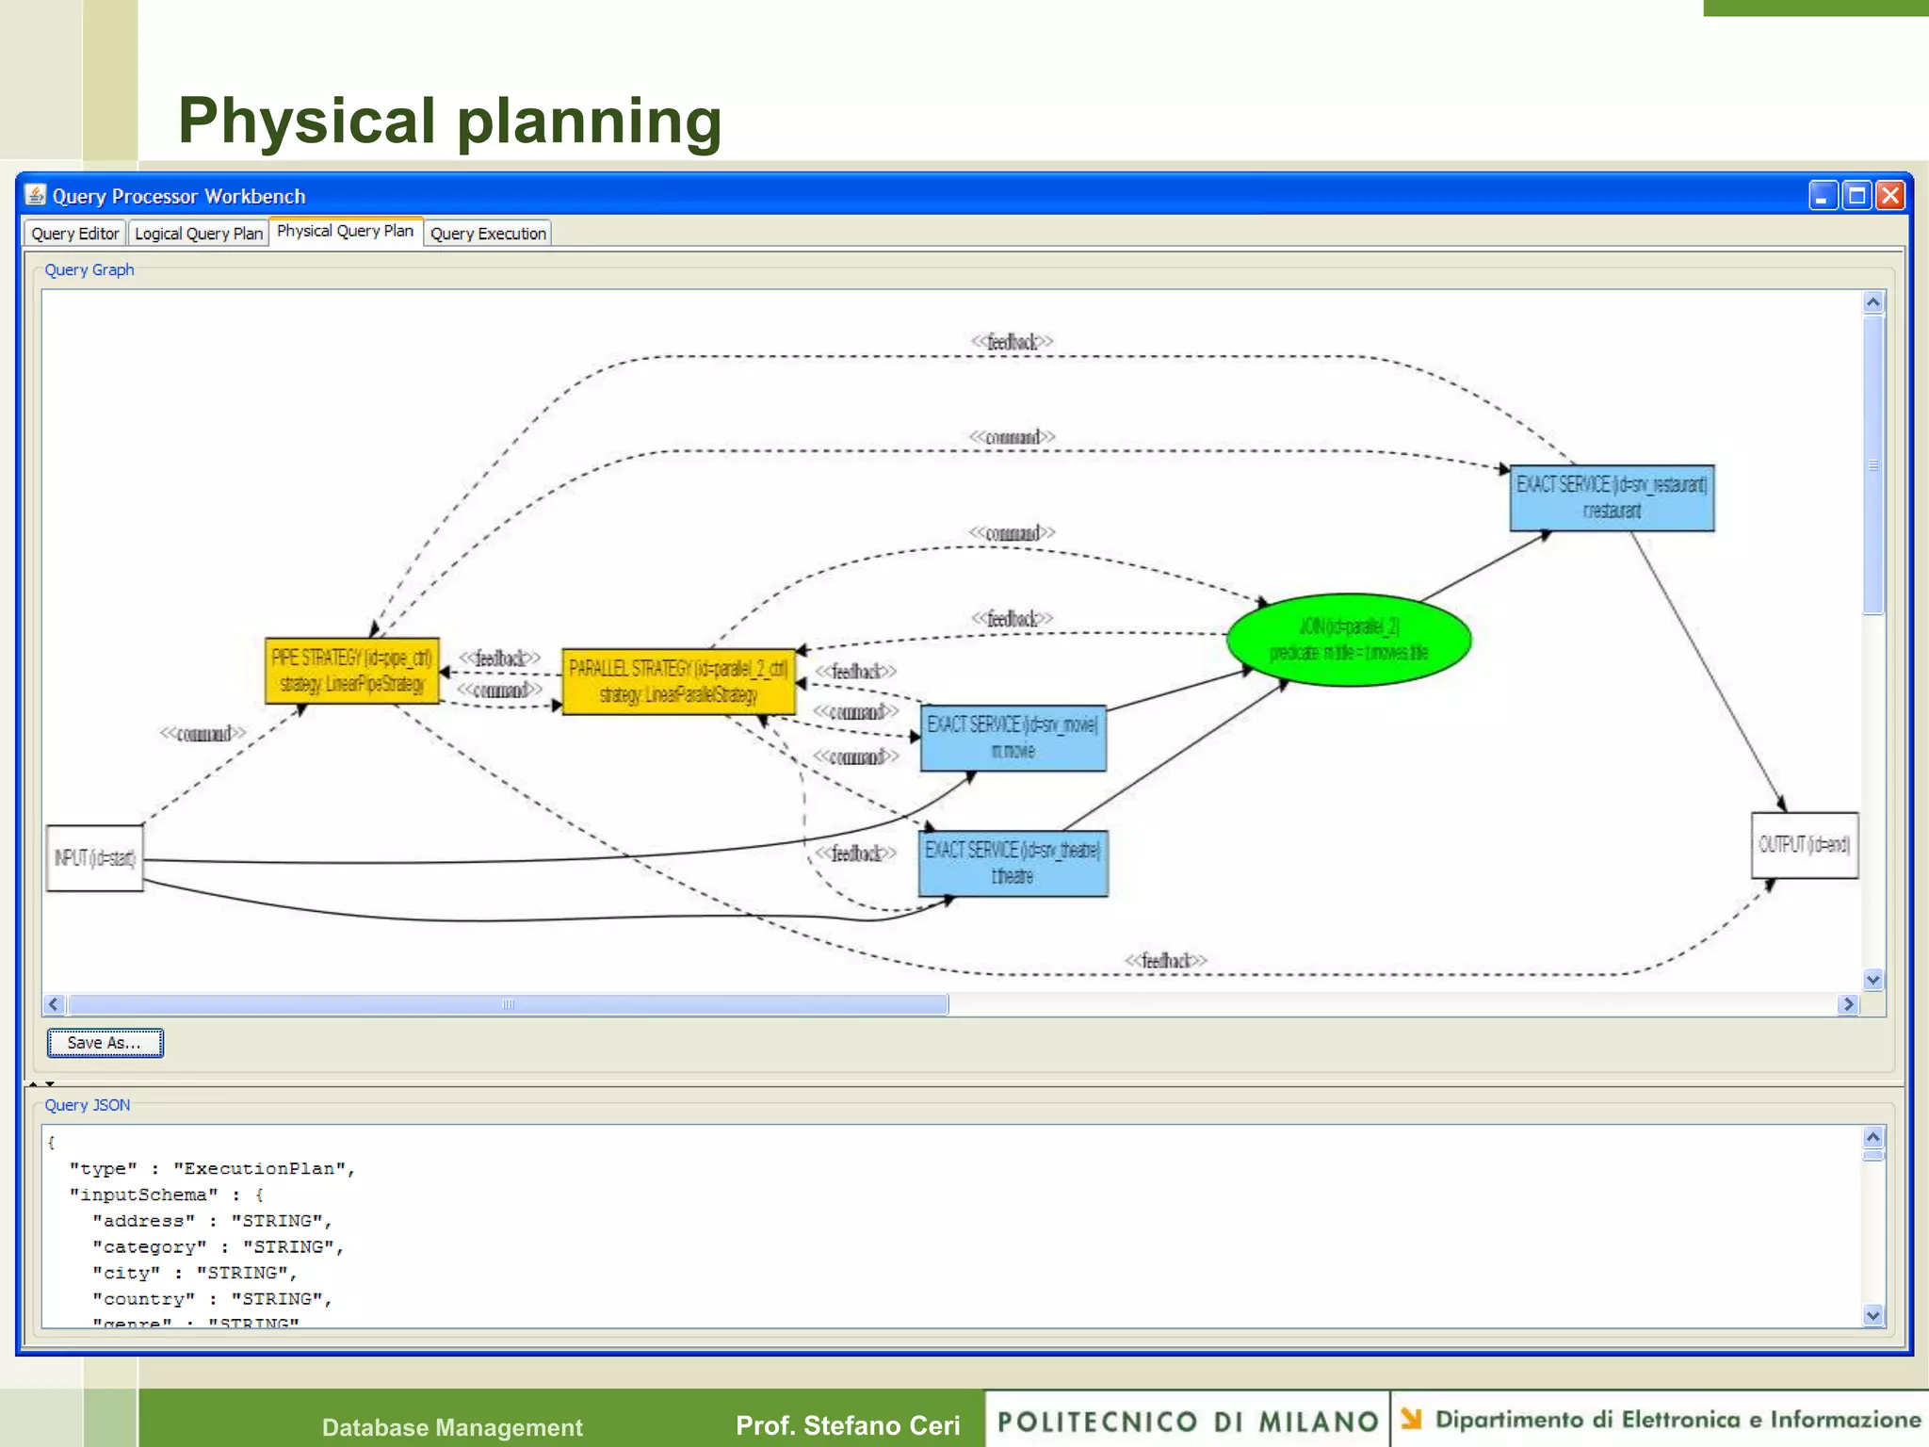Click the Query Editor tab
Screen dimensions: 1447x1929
coord(74,234)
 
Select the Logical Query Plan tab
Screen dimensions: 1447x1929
coord(198,234)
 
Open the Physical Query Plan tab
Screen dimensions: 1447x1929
coord(345,232)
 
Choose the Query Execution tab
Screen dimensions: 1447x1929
coord(488,234)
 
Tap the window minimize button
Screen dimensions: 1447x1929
coord(1823,196)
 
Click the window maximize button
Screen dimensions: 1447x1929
coord(1856,196)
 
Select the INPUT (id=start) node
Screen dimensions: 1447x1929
coord(95,858)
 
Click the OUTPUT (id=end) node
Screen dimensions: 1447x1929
coord(1804,845)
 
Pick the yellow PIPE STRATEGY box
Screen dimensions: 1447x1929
coord(351,671)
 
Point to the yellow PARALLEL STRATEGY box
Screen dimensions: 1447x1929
coord(678,681)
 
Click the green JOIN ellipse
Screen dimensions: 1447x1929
coord(1349,640)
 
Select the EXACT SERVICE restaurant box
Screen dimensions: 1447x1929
coord(1612,497)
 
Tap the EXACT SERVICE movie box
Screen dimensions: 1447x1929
coord(1013,738)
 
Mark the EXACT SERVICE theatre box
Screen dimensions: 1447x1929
coord(1013,863)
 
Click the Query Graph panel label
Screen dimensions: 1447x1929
coord(89,270)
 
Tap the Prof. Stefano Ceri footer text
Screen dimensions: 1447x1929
coord(848,1425)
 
